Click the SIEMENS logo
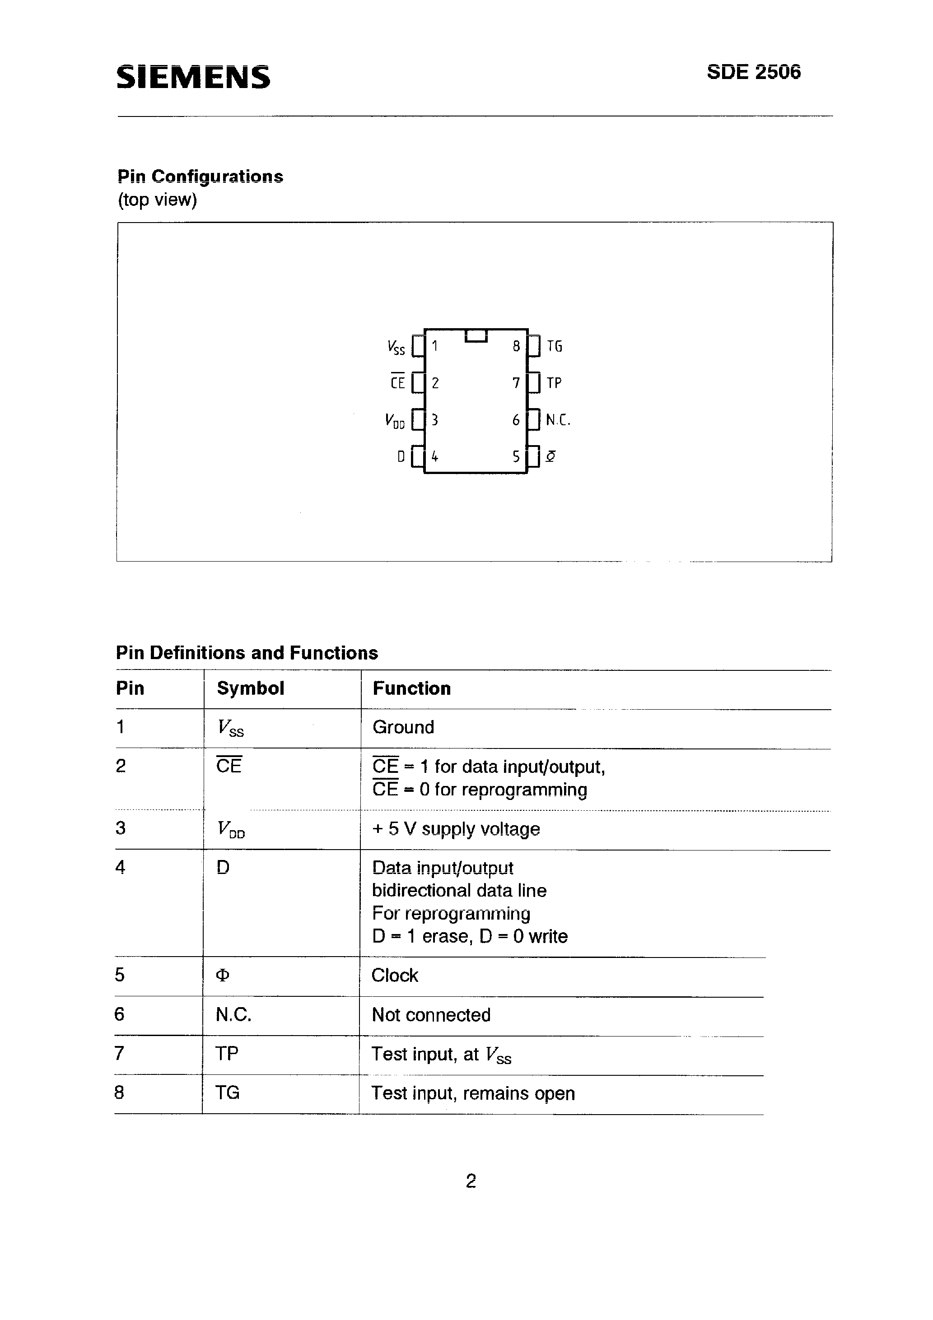click(193, 77)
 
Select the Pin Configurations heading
click(200, 176)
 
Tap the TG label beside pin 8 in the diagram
click(555, 346)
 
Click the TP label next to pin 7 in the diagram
click(554, 383)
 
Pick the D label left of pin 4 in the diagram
click(401, 456)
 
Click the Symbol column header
click(250, 688)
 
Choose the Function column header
click(411, 688)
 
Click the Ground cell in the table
click(403, 727)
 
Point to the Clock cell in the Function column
click(395, 976)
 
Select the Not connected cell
click(431, 1015)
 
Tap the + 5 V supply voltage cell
click(456, 829)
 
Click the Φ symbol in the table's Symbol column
click(222, 976)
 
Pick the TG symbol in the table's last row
click(227, 1092)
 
